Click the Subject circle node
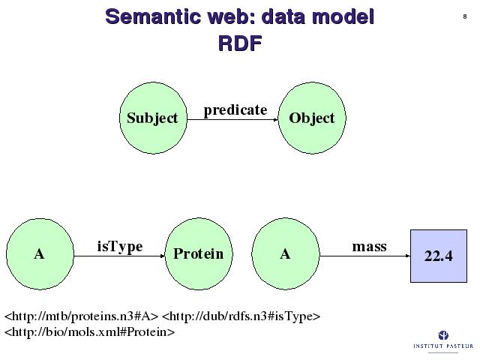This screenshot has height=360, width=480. pyautogui.click(x=153, y=118)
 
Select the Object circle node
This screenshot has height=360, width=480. pyautogui.click(x=312, y=118)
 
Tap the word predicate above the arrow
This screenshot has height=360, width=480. pyautogui.click(x=235, y=110)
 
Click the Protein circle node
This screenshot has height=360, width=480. pyautogui.click(x=199, y=254)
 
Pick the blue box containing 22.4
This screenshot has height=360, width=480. pyautogui.click(x=439, y=256)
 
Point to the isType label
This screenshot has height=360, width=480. pyautogui.click(x=120, y=247)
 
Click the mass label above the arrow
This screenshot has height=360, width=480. pyautogui.click(x=369, y=247)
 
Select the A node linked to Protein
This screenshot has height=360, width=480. pyautogui.click(x=40, y=254)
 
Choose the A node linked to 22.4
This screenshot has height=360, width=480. pyautogui.click(x=286, y=254)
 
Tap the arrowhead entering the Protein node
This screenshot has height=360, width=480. pyautogui.click(x=163, y=256)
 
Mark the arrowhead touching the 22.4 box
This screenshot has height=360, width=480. pyautogui.click(x=408, y=256)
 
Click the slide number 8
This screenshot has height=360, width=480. pyautogui.click(x=465, y=16)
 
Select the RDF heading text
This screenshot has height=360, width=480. pyautogui.click(x=240, y=43)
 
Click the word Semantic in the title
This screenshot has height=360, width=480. pyautogui.click(x=151, y=16)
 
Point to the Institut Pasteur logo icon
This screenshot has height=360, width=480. pyautogui.click(x=443, y=335)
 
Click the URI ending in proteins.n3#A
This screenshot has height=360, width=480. pyautogui.click(x=82, y=316)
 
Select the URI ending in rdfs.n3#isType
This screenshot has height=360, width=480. pyautogui.click(x=241, y=316)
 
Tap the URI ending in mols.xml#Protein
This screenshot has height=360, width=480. pyautogui.click(x=90, y=331)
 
